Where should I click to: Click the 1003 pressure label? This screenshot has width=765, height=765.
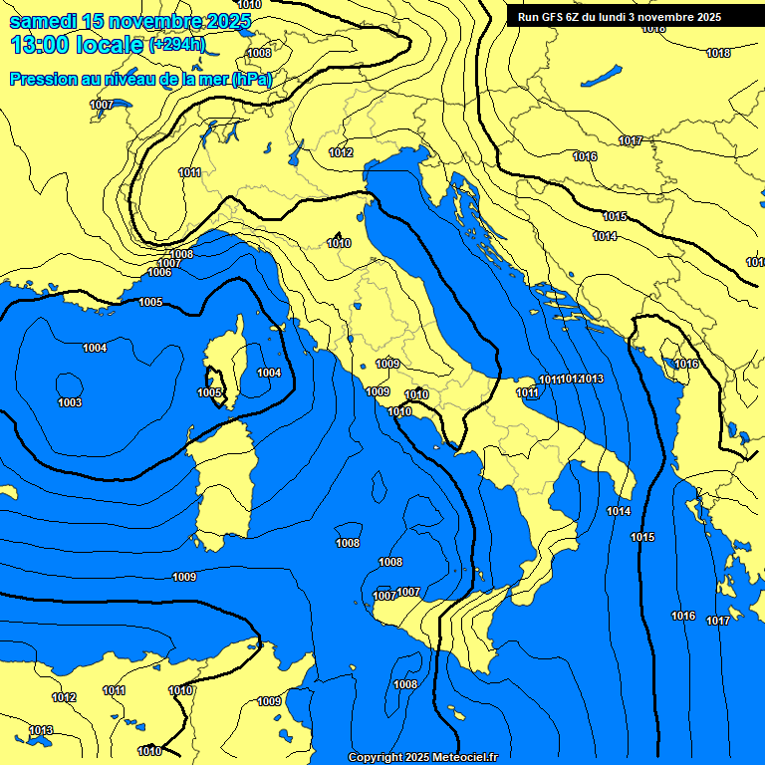point(70,402)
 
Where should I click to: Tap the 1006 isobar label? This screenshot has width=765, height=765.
point(158,272)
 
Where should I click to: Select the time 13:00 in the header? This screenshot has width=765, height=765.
point(40,45)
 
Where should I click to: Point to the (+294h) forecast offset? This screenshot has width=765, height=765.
point(177,45)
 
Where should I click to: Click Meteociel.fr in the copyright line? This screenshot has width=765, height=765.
point(457,758)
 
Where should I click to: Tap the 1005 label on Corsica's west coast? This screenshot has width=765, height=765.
point(209,393)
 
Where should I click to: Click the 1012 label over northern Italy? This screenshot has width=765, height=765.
point(341,152)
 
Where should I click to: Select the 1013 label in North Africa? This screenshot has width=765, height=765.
point(41,730)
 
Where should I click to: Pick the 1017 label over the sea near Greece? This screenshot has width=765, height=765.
point(718,621)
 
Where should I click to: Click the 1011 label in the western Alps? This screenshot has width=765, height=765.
point(190,172)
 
